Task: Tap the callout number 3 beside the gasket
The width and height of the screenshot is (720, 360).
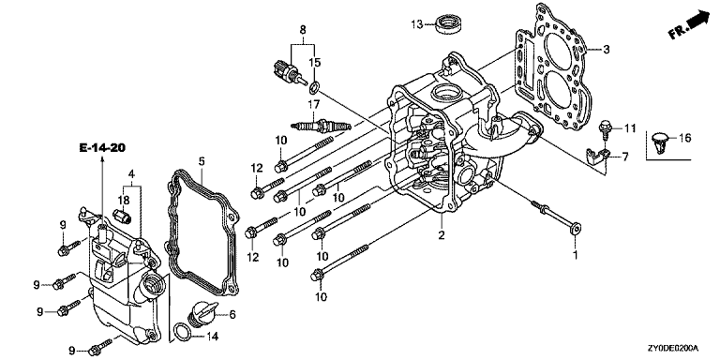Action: [x=607, y=49]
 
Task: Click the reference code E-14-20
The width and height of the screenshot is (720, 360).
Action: [x=102, y=147]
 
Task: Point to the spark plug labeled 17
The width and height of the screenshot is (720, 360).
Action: [x=322, y=125]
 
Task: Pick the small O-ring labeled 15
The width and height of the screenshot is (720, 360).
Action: [x=315, y=86]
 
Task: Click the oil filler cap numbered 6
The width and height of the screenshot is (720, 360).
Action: [x=202, y=314]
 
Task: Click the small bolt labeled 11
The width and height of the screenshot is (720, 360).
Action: [x=606, y=127]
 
